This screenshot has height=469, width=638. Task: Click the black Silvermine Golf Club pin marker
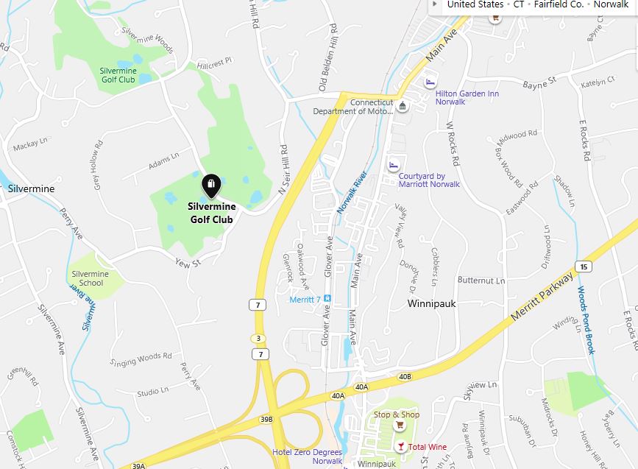211,185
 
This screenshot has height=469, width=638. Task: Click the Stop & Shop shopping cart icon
400,426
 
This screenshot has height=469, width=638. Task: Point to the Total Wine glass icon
400,446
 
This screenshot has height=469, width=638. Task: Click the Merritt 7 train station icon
327,299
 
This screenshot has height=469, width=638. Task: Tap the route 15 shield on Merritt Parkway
584,266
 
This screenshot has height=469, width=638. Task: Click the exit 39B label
266,419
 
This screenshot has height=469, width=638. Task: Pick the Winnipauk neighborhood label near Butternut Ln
434,303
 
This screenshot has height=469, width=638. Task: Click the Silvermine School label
90,278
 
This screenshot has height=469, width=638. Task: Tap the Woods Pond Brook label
586,320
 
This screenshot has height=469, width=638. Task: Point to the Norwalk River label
352,193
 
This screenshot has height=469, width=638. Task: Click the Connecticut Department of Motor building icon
402,107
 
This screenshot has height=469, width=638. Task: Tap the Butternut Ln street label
481,281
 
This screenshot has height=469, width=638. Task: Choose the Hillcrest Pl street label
213,60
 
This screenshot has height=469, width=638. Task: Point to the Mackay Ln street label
30,145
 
